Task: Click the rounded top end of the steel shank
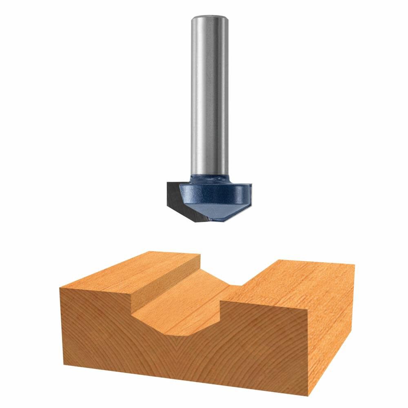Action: (210, 18)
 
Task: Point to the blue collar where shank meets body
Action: (210, 178)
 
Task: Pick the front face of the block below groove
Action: (184, 355)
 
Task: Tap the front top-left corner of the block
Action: (60, 288)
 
